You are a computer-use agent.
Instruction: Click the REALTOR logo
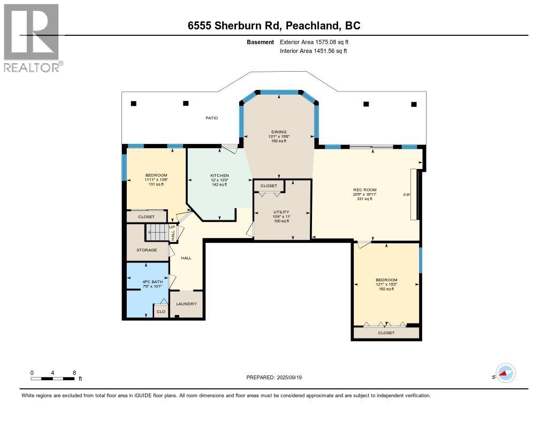click(32, 37)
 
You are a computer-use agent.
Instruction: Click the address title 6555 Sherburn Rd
click(273, 25)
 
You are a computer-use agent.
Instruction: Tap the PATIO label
click(211, 118)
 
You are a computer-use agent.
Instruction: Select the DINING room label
click(278, 132)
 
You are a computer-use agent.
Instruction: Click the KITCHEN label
click(219, 175)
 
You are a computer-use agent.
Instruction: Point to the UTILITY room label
click(281, 212)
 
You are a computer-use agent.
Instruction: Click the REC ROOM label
click(365, 190)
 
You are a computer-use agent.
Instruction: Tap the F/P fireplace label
click(406, 195)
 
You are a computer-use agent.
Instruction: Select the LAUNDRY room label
click(186, 304)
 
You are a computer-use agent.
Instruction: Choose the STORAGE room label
click(146, 250)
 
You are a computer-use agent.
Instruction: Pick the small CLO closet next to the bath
click(161, 311)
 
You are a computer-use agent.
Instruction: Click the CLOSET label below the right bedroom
click(386, 333)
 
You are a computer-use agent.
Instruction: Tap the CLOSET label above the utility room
click(269, 186)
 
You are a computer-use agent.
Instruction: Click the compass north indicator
click(504, 373)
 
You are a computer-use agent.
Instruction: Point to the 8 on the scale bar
click(74, 373)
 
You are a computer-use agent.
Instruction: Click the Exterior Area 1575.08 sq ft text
click(314, 42)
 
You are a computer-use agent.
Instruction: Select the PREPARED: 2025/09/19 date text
click(277, 378)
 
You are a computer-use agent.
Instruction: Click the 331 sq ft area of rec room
click(365, 199)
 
